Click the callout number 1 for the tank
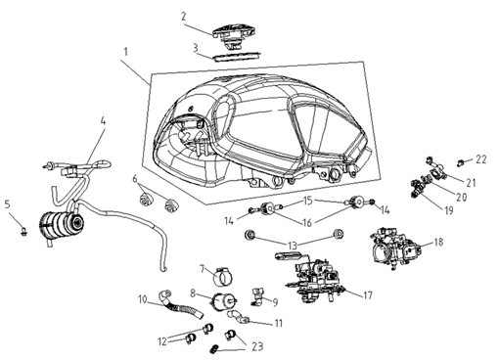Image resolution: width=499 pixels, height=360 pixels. pyautogui.click(x=125, y=52)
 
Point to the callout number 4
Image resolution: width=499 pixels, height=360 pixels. pyautogui.click(x=103, y=121)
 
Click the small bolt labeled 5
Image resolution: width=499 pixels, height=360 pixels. pyautogui.click(x=23, y=232)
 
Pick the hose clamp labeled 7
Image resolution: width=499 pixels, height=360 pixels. pyautogui.click(x=224, y=276)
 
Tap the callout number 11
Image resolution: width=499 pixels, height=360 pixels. pyautogui.click(x=278, y=323)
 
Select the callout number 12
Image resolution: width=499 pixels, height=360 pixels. pyautogui.click(x=162, y=341)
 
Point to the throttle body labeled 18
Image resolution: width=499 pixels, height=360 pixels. pyautogui.click(x=397, y=249)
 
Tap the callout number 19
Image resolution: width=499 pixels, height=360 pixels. pyautogui.click(x=449, y=210)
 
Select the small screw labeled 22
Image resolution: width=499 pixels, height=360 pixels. pyautogui.click(x=461, y=161)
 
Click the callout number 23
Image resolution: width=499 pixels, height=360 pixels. pyautogui.click(x=257, y=346)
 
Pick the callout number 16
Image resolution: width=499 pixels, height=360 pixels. pyautogui.click(x=307, y=222)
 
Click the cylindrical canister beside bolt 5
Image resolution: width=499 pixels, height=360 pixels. pyautogui.click(x=63, y=224)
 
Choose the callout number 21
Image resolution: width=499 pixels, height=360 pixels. pyautogui.click(x=471, y=183)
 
